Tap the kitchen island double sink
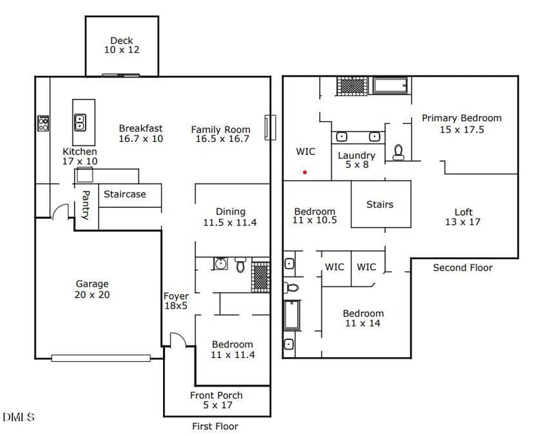pyautogui.click(x=79, y=123)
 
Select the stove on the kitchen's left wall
pyautogui.click(x=42, y=123)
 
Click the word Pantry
pyautogui.click(x=86, y=205)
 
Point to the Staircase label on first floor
pyautogui.click(x=125, y=194)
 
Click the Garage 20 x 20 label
pyautogui.click(x=92, y=289)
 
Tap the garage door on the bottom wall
pyautogui.click(x=101, y=357)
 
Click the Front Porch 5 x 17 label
pyautogui.click(x=216, y=400)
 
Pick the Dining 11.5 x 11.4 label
pyautogui.click(x=230, y=217)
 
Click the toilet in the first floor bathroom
pyautogui.click(x=240, y=265)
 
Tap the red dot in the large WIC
pyautogui.click(x=305, y=172)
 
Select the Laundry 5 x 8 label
pyautogui.click(x=356, y=160)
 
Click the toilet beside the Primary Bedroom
pyautogui.click(x=398, y=152)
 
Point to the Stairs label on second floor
pyautogui.click(x=380, y=204)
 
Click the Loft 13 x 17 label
pyautogui.click(x=463, y=217)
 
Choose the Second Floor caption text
pyautogui.click(x=462, y=267)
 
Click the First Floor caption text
pyautogui.click(x=215, y=426)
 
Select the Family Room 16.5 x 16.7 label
pyautogui.click(x=221, y=134)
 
